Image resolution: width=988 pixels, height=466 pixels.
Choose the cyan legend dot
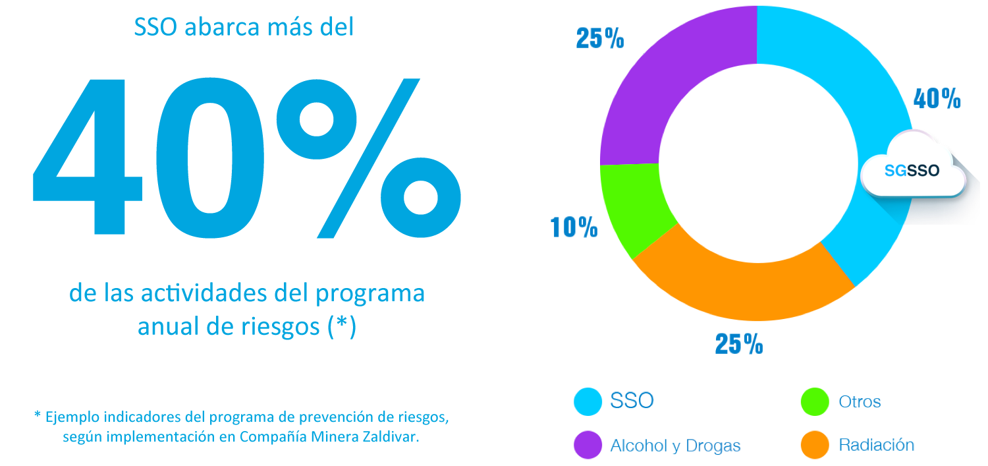588,401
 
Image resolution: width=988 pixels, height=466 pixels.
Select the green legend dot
815,401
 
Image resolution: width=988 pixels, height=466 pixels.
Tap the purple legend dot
588,444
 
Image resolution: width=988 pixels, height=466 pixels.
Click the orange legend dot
815,444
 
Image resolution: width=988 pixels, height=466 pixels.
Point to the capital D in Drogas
692,446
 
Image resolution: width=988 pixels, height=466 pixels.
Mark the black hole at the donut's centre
757,161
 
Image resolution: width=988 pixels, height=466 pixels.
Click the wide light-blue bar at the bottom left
241,427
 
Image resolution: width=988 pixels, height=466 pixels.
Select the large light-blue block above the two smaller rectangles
246,125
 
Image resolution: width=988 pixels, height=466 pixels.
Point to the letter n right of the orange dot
909,446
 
